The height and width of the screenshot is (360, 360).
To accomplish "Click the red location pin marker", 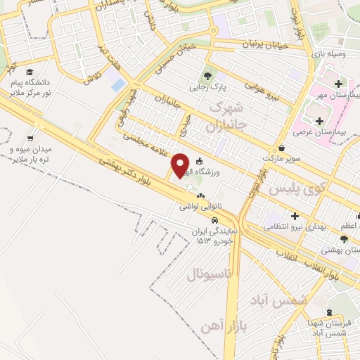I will (181, 165).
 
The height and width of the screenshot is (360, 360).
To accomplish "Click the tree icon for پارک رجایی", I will (207, 76).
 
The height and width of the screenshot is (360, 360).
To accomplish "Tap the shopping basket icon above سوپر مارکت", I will (282, 148).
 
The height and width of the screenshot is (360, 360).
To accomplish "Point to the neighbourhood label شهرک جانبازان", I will (226, 117).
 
